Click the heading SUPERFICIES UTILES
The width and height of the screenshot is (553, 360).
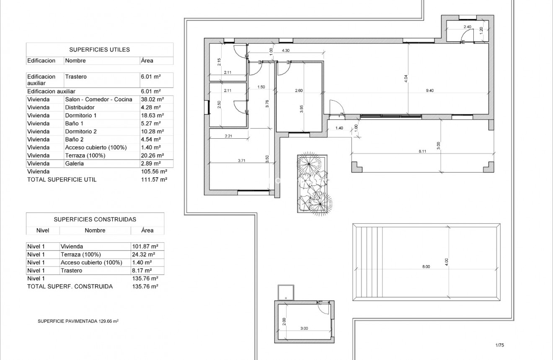(x=99, y=49)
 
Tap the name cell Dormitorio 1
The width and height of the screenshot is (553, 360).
(x=81, y=115)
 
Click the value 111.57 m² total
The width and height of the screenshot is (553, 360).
(x=154, y=179)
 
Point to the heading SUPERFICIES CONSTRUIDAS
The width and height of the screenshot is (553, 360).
(x=95, y=219)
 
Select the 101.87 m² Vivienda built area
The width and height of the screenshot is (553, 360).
(x=145, y=246)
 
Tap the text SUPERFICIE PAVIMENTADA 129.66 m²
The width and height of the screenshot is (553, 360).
(x=78, y=321)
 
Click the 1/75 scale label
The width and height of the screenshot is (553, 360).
(x=499, y=345)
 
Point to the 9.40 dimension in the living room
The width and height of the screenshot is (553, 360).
(x=430, y=91)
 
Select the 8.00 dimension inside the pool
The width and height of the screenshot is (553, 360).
(x=426, y=267)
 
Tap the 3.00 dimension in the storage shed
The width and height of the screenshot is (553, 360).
(x=304, y=328)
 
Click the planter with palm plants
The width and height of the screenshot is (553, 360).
(x=312, y=184)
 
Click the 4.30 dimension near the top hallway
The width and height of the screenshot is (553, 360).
(x=286, y=50)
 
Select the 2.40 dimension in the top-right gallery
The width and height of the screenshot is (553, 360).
(x=467, y=27)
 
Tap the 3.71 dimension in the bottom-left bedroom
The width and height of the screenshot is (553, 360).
(x=242, y=160)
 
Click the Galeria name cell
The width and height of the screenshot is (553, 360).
(x=75, y=163)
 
